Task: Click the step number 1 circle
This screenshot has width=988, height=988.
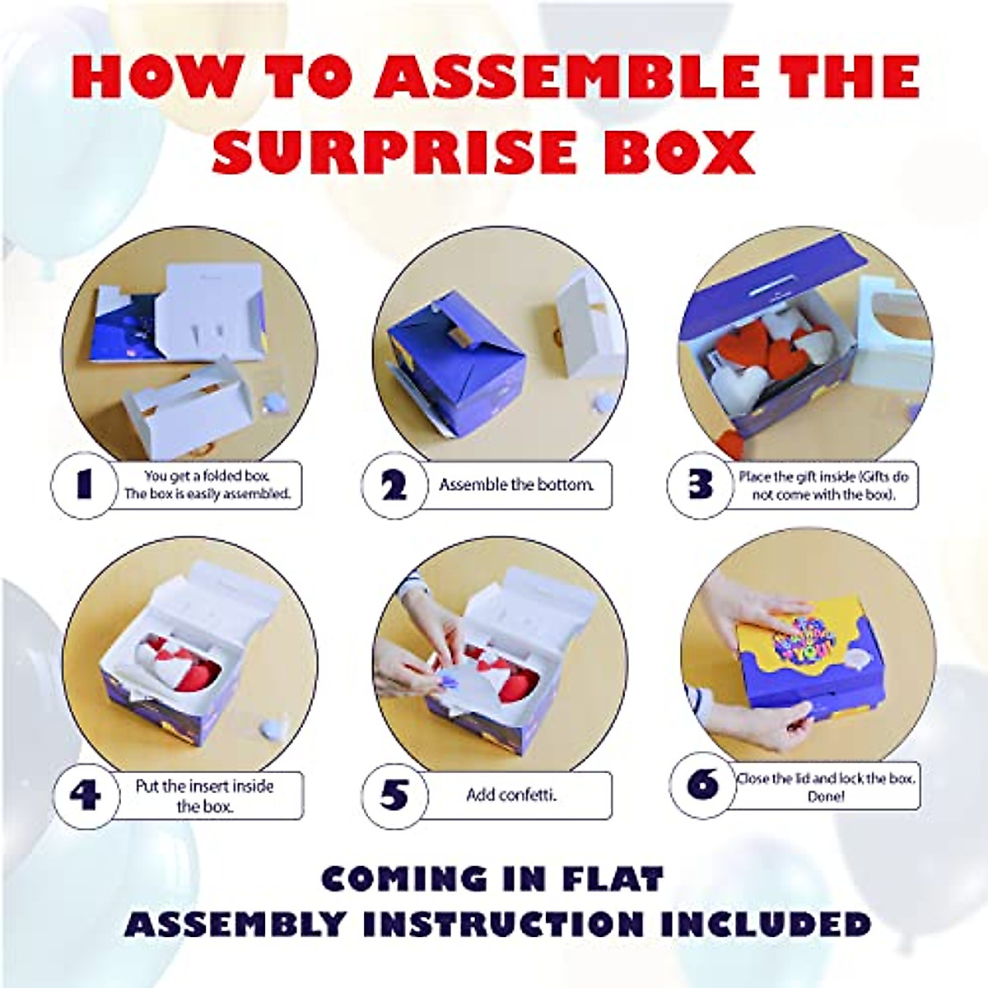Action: click(83, 485)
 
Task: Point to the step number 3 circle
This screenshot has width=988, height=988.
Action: click(700, 485)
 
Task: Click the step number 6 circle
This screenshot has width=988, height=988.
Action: click(701, 785)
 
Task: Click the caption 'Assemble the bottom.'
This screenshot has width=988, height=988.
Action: click(516, 485)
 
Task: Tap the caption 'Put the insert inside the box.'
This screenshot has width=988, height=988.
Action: click(204, 795)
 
